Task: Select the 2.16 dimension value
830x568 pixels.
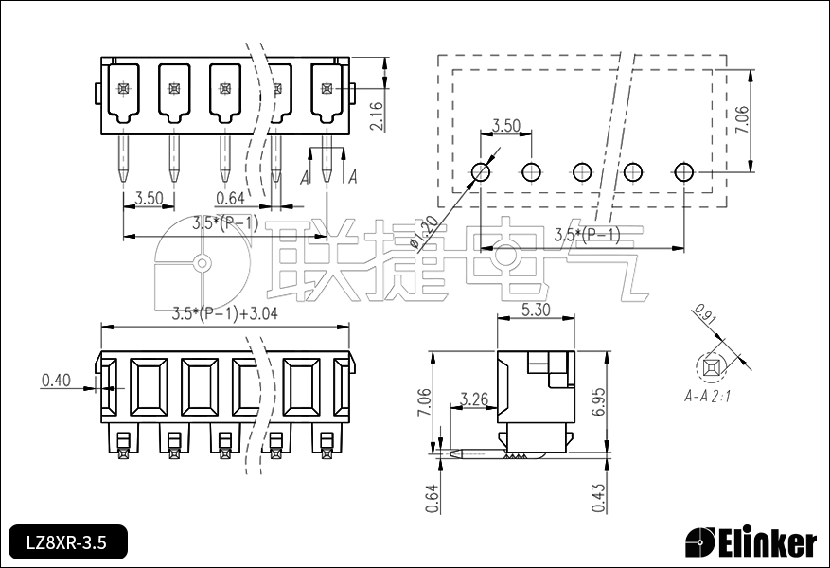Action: pyautogui.click(x=377, y=115)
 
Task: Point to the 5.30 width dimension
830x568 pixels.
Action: pyautogui.click(x=536, y=310)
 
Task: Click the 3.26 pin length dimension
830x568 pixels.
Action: pyautogui.click(x=474, y=399)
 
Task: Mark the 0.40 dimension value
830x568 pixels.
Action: pyautogui.click(x=56, y=380)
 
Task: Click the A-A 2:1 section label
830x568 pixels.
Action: pyautogui.click(x=707, y=396)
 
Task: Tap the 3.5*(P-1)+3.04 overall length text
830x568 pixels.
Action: pyautogui.click(x=225, y=313)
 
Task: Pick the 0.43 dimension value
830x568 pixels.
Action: pyautogui.click(x=599, y=498)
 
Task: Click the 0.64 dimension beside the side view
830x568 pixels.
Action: pyautogui.click(x=433, y=499)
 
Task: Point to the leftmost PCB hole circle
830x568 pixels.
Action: pyautogui.click(x=480, y=171)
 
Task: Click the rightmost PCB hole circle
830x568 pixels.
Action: pyautogui.click(x=684, y=171)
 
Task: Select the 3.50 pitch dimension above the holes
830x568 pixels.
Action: pyautogui.click(x=506, y=126)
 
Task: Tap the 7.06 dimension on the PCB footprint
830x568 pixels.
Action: pyautogui.click(x=742, y=120)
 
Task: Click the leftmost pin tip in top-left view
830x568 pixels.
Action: pyautogui.click(x=123, y=182)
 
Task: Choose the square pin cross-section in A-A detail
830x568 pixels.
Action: pyautogui.click(x=711, y=367)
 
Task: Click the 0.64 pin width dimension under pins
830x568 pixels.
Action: pyautogui.click(x=230, y=198)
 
